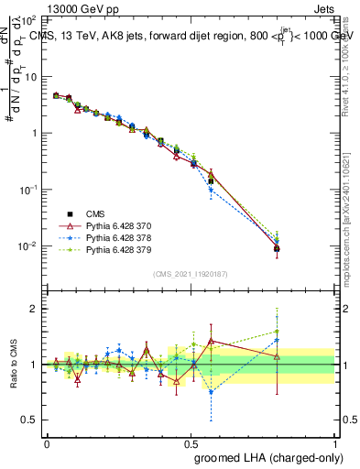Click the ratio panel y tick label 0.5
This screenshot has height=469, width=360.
pos(29,420)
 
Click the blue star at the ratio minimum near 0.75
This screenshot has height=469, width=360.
pos(211,392)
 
